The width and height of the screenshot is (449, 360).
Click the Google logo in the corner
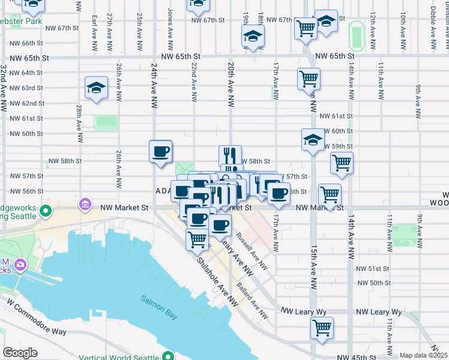(x=20, y=353)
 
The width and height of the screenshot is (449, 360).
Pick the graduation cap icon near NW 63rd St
(x=96, y=88)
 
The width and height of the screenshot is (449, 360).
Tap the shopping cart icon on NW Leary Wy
(x=322, y=328)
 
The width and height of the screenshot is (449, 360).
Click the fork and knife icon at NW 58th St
(x=230, y=155)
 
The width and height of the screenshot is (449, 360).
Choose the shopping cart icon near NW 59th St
(x=342, y=162)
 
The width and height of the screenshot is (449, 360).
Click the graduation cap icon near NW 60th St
(x=312, y=140)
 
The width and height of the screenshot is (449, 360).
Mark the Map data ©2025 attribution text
(x=423, y=355)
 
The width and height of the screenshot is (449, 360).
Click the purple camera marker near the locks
(x=20, y=265)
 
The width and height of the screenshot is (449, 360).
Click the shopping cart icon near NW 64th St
(x=309, y=78)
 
